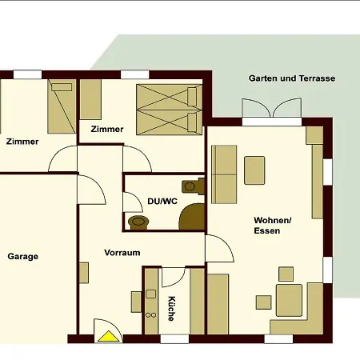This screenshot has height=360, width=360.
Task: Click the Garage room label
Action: (23, 257)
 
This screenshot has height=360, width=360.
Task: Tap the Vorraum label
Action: (122, 253)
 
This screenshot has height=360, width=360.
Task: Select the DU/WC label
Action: (162, 201)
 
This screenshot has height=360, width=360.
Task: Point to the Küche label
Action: (171, 309)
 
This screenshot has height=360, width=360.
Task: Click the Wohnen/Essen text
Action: (273, 226)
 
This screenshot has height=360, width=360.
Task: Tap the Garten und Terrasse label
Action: (292, 78)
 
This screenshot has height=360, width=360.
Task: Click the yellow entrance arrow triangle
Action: (109, 336)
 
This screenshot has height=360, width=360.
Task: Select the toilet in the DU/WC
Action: (193, 186)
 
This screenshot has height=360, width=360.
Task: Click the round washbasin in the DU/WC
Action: (138, 222)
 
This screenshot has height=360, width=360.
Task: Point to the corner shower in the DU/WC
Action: (193, 217)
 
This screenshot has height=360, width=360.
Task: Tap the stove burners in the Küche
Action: (151, 315)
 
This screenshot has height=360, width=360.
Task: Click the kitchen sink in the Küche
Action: (151, 294)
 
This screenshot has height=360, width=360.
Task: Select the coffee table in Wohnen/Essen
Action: (254, 170)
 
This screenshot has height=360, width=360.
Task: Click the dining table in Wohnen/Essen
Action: (289, 300)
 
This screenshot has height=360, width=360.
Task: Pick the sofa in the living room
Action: (224, 174)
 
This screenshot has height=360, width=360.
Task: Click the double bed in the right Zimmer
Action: (170, 110)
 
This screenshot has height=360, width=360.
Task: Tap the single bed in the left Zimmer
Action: (62, 106)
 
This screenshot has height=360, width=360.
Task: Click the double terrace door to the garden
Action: (272, 108)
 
